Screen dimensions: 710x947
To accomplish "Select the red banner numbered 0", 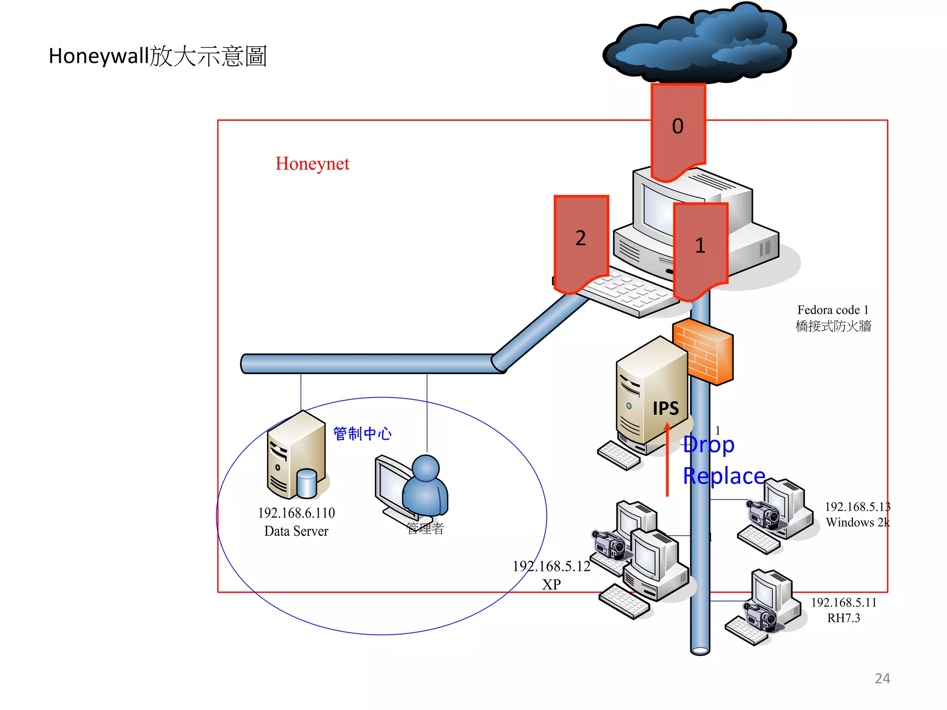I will (x=678, y=129).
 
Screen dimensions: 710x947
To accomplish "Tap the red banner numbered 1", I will (x=701, y=247).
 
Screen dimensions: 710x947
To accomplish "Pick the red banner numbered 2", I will (x=581, y=240).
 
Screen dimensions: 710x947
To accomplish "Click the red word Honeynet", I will (x=312, y=164).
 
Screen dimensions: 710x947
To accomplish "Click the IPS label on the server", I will (x=665, y=408).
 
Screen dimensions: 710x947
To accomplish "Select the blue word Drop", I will (x=708, y=445).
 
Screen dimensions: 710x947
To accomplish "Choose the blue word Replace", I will (x=724, y=476).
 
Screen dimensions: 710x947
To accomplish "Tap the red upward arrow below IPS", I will (x=667, y=462).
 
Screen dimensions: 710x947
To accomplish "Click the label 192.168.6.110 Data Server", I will (x=296, y=522).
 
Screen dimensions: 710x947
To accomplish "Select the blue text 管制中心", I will (x=363, y=434).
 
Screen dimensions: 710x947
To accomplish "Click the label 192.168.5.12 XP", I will (x=552, y=575).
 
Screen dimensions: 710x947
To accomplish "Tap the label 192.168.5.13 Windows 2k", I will (x=857, y=514).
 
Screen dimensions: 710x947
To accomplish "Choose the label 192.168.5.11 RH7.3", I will (x=844, y=610).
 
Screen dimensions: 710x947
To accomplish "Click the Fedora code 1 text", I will (x=833, y=310).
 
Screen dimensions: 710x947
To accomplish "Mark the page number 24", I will (x=882, y=678).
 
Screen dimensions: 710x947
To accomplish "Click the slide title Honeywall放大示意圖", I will (x=158, y=56).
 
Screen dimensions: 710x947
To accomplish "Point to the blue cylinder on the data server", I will (x=306, y=483).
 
